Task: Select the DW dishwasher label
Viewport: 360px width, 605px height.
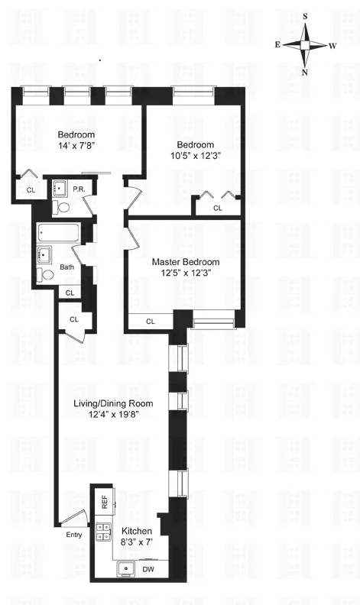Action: (x=149, y=568)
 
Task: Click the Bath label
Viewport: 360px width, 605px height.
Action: (x=67, y=267)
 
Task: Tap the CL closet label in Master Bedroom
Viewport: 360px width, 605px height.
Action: (x=151, y=321)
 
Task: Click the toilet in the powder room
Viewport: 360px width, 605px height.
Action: (x=63, y=206)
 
